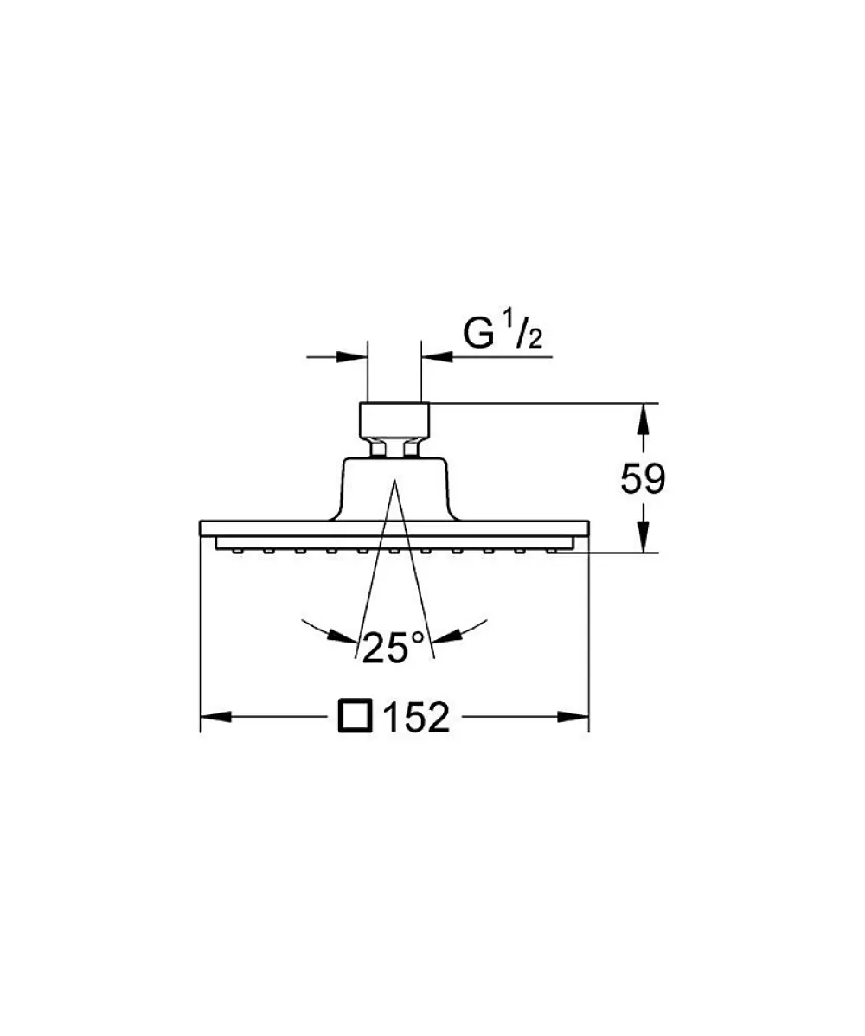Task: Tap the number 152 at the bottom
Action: (416, 716)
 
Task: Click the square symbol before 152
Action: (356, 716)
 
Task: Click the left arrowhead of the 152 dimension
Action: (215, 716)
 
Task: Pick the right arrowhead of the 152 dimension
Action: (573, 716)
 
